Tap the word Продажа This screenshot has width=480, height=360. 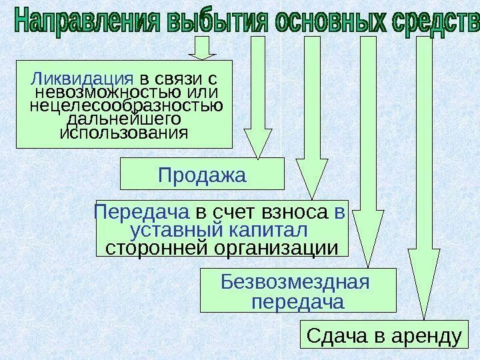202,175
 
